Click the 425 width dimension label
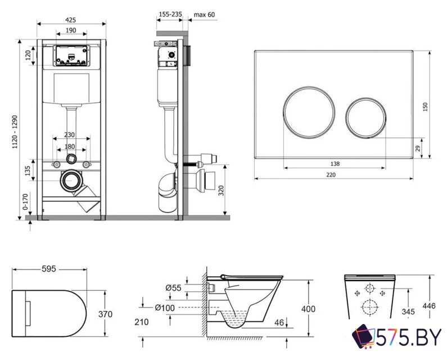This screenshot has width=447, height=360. tap(71, 20)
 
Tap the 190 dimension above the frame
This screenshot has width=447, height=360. tap(71, 30)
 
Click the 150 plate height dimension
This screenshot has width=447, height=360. tap(426, 106)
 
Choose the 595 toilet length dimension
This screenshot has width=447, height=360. tap(49, 269)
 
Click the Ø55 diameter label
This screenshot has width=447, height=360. tap(174, 288)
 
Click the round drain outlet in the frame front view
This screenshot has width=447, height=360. tap(71, 181)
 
